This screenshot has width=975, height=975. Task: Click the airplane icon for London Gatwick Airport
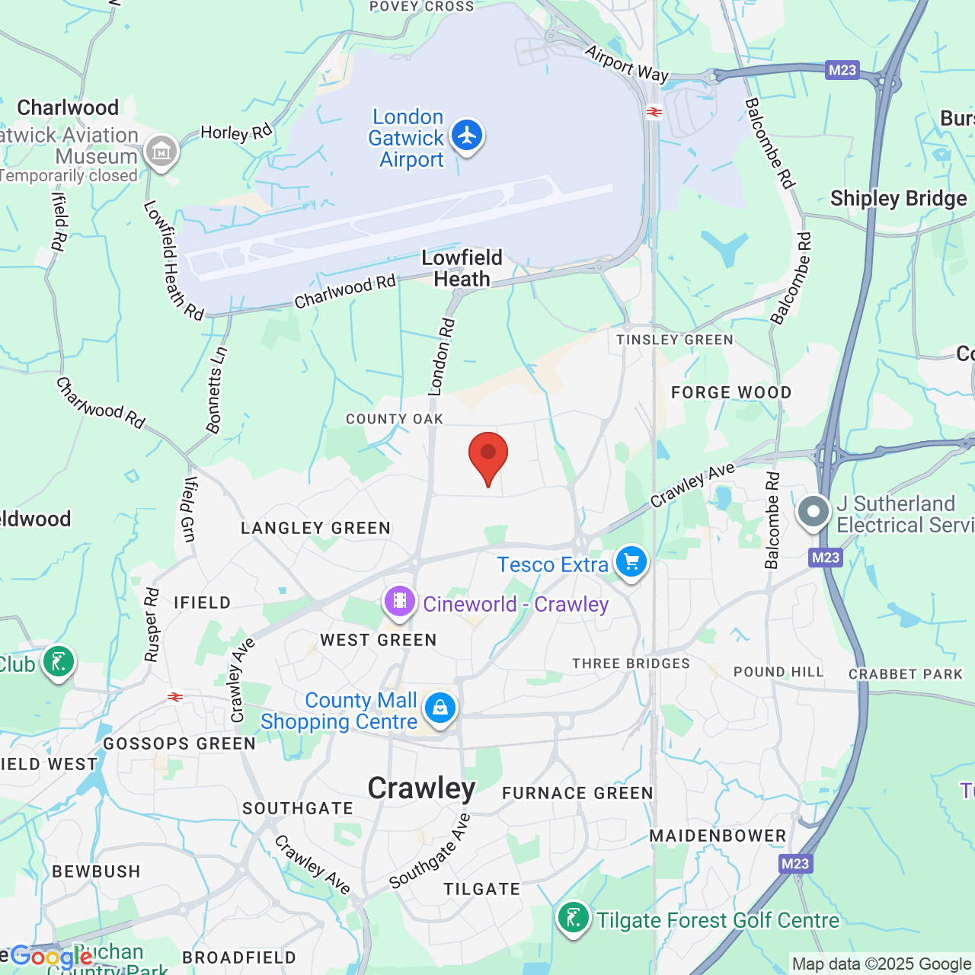tap(466, 136)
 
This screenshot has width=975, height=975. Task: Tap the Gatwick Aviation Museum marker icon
tap(161, 152)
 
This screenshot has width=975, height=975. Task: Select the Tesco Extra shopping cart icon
tap(631, 563)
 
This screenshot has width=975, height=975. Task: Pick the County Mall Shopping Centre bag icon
tap(440, 708)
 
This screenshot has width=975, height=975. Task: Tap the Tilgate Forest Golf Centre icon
tap(573, 918)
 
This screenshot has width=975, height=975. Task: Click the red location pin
tap(487, 456)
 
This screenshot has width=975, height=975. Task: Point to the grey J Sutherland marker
tap(813, 512)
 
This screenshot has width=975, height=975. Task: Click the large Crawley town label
tap(421, 788)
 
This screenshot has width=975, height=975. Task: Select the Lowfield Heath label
tap(462, 268)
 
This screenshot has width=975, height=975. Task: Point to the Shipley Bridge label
tap(898, 199)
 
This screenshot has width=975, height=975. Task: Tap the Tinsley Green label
tap(675, 340)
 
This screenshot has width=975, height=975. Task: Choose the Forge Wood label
tap(731, 392)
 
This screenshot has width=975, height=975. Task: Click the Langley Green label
tap(315, 528)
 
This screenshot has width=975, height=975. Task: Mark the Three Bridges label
tap(631, 663)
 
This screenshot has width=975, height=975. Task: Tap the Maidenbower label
tap(718, 836)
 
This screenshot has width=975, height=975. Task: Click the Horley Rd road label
tap(236, 133)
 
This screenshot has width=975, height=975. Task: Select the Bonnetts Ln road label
tap(216, 390)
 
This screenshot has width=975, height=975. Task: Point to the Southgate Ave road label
tap(430, 852)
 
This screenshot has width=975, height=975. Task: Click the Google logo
tap(50, 956)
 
